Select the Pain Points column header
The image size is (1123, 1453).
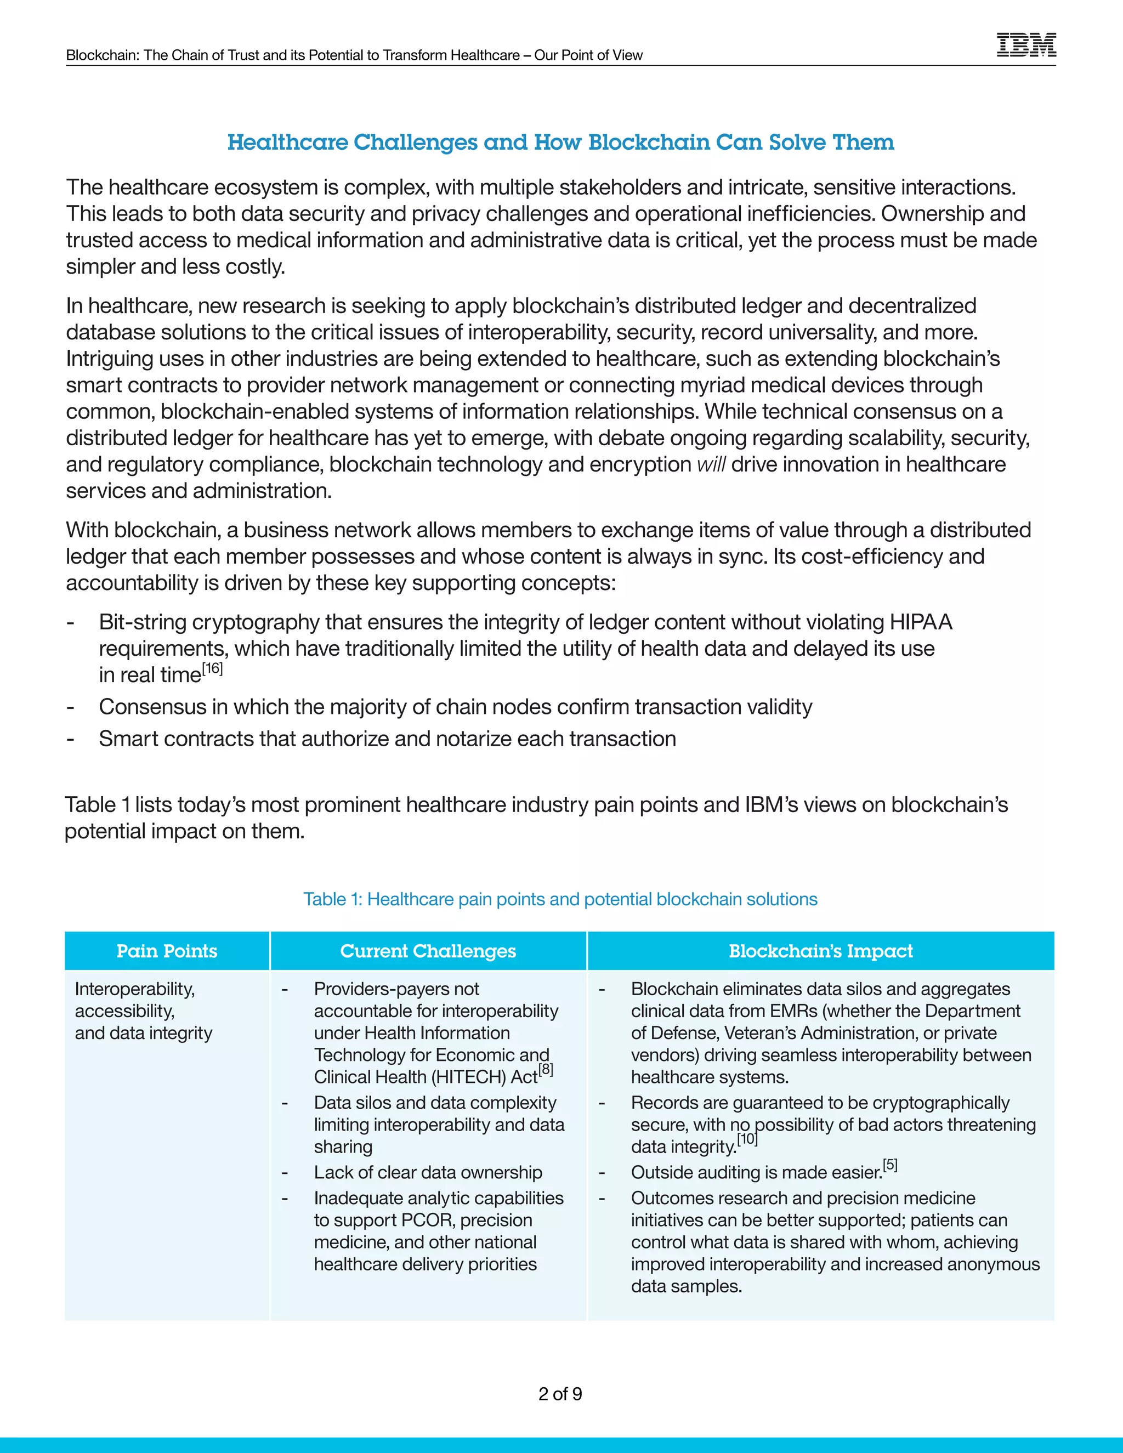167,951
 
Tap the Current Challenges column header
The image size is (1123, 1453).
428,951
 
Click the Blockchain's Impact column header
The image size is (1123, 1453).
820,951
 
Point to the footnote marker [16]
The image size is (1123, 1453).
212,668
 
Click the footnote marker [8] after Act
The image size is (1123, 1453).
546,1070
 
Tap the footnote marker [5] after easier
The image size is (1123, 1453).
890,1166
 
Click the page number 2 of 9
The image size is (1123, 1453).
560,1394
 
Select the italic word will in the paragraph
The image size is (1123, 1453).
711,464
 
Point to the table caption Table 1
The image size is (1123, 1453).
560,899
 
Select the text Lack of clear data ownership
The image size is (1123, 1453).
428,1172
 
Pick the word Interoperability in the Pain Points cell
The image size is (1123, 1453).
135,989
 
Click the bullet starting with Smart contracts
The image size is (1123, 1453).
387,739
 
